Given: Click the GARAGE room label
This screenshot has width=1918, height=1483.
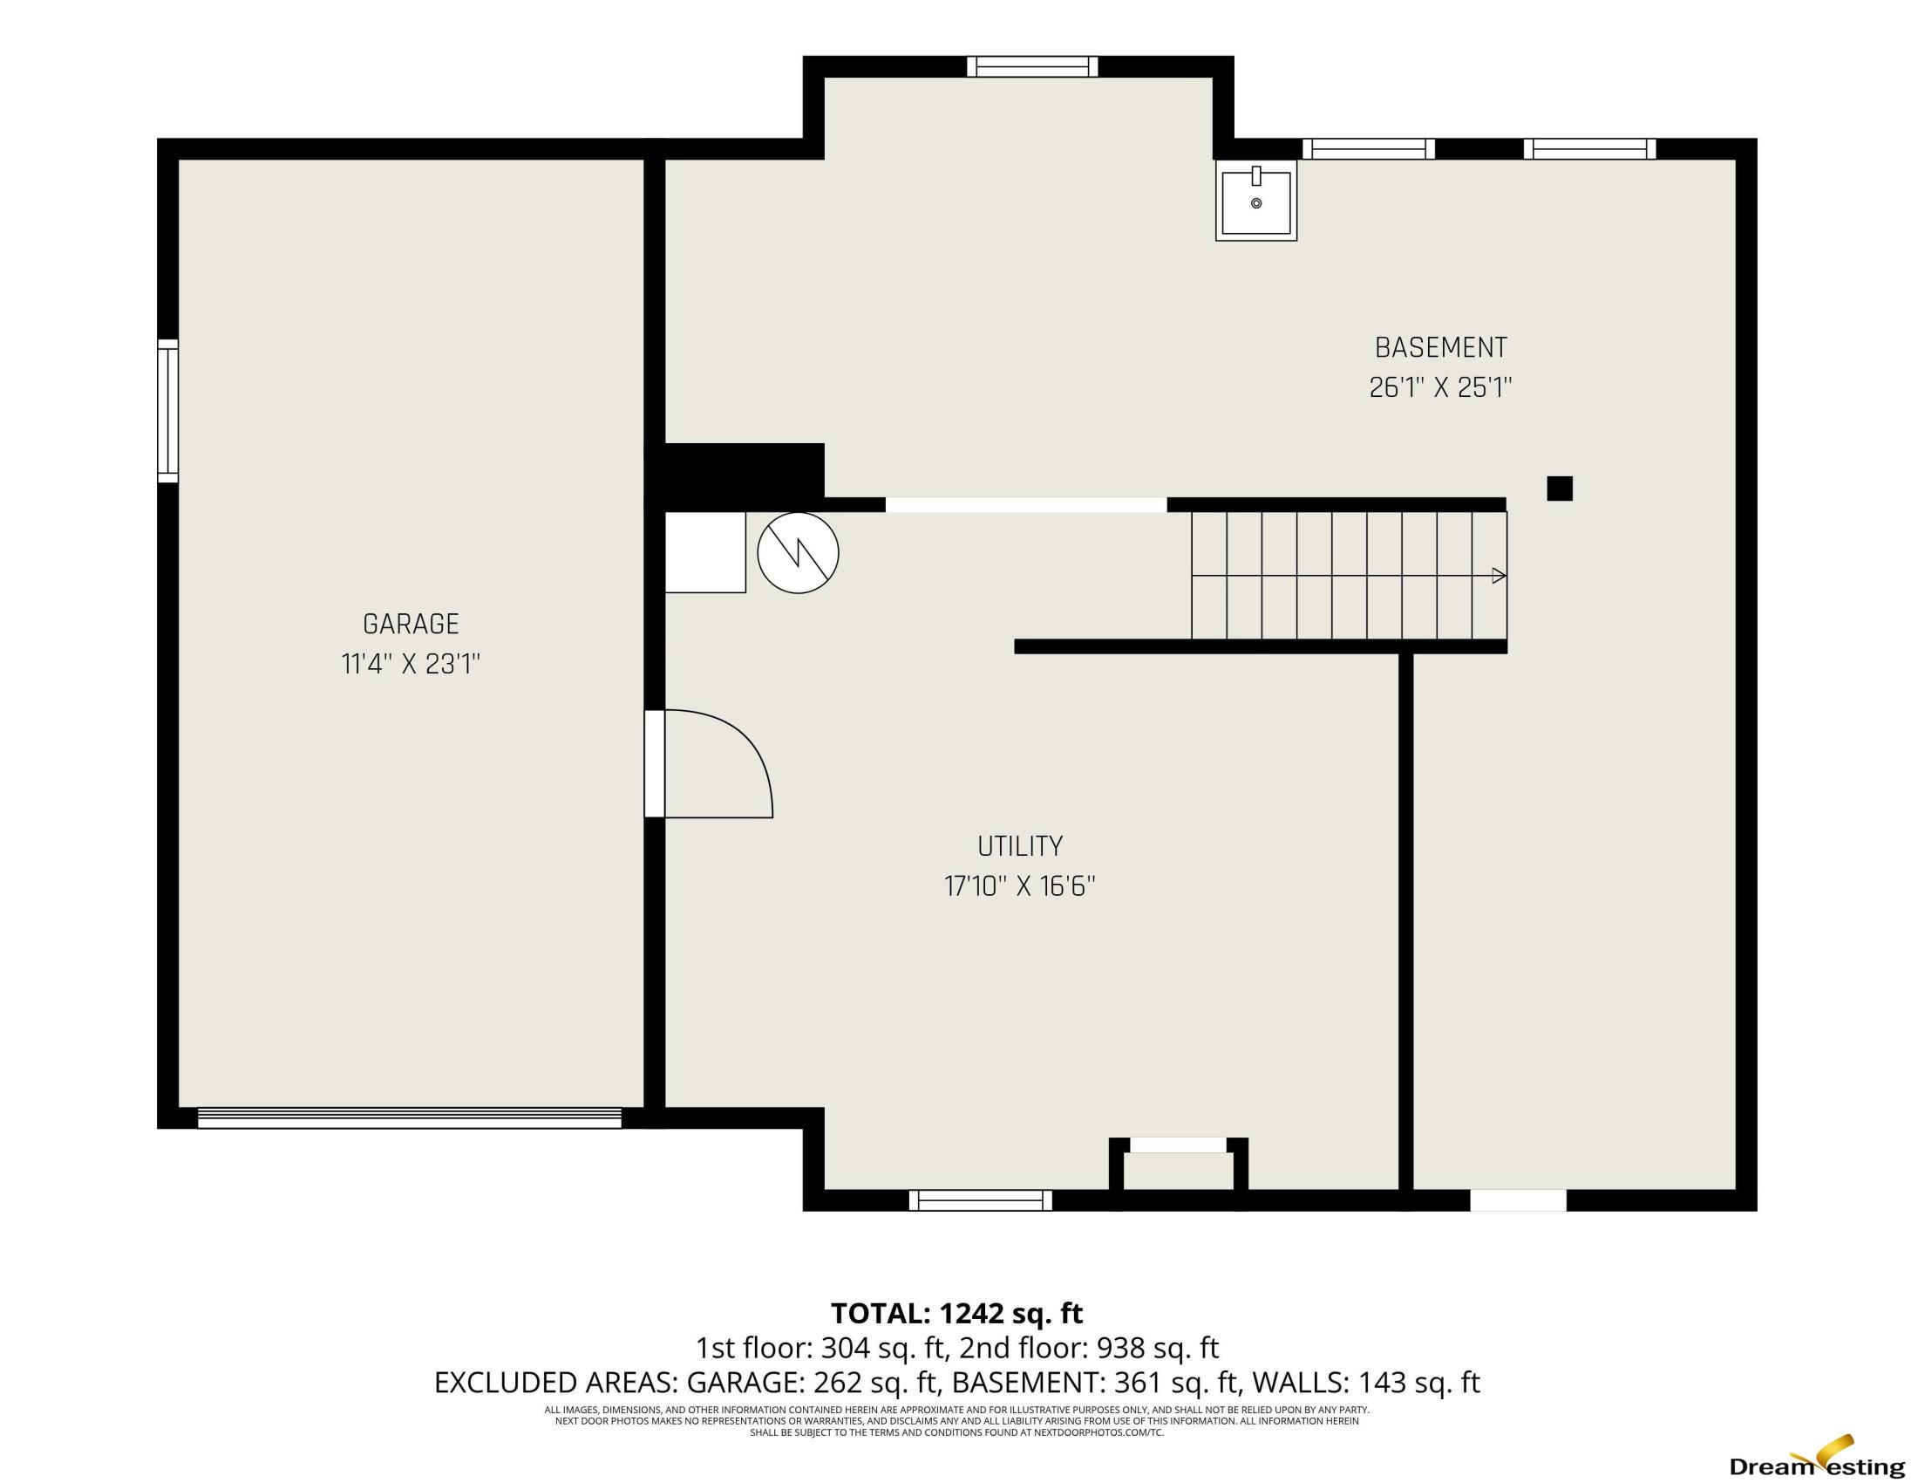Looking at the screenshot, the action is (411, 624).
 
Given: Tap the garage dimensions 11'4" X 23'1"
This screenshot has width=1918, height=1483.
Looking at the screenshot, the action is (411, 664).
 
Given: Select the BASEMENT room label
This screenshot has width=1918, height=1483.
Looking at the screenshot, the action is (1441, 348).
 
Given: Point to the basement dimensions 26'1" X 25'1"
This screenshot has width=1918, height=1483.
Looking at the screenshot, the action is (1441, 387).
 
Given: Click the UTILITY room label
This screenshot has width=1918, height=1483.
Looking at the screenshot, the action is (1021, 846).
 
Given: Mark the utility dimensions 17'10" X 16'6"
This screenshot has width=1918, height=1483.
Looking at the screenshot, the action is (1021, 886).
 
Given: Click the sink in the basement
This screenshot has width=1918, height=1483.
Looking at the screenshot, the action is (1256, 202).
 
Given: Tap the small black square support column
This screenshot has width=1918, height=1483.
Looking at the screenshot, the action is (1560, 489).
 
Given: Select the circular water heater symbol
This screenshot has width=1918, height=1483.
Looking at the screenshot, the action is (799, 552).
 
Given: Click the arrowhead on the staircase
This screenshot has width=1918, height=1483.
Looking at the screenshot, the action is (1500, 577).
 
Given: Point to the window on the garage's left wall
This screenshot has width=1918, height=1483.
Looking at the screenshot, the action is (167, 411).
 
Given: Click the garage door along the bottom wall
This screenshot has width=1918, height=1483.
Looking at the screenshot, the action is (409, 1117).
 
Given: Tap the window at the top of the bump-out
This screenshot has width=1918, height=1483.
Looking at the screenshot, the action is (1033, 67).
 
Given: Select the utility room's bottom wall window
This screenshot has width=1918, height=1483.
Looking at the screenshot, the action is (980, 1200).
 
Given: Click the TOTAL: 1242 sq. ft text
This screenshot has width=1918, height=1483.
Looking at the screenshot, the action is (957, 1314).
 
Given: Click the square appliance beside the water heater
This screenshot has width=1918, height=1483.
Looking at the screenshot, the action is (705, 552).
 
